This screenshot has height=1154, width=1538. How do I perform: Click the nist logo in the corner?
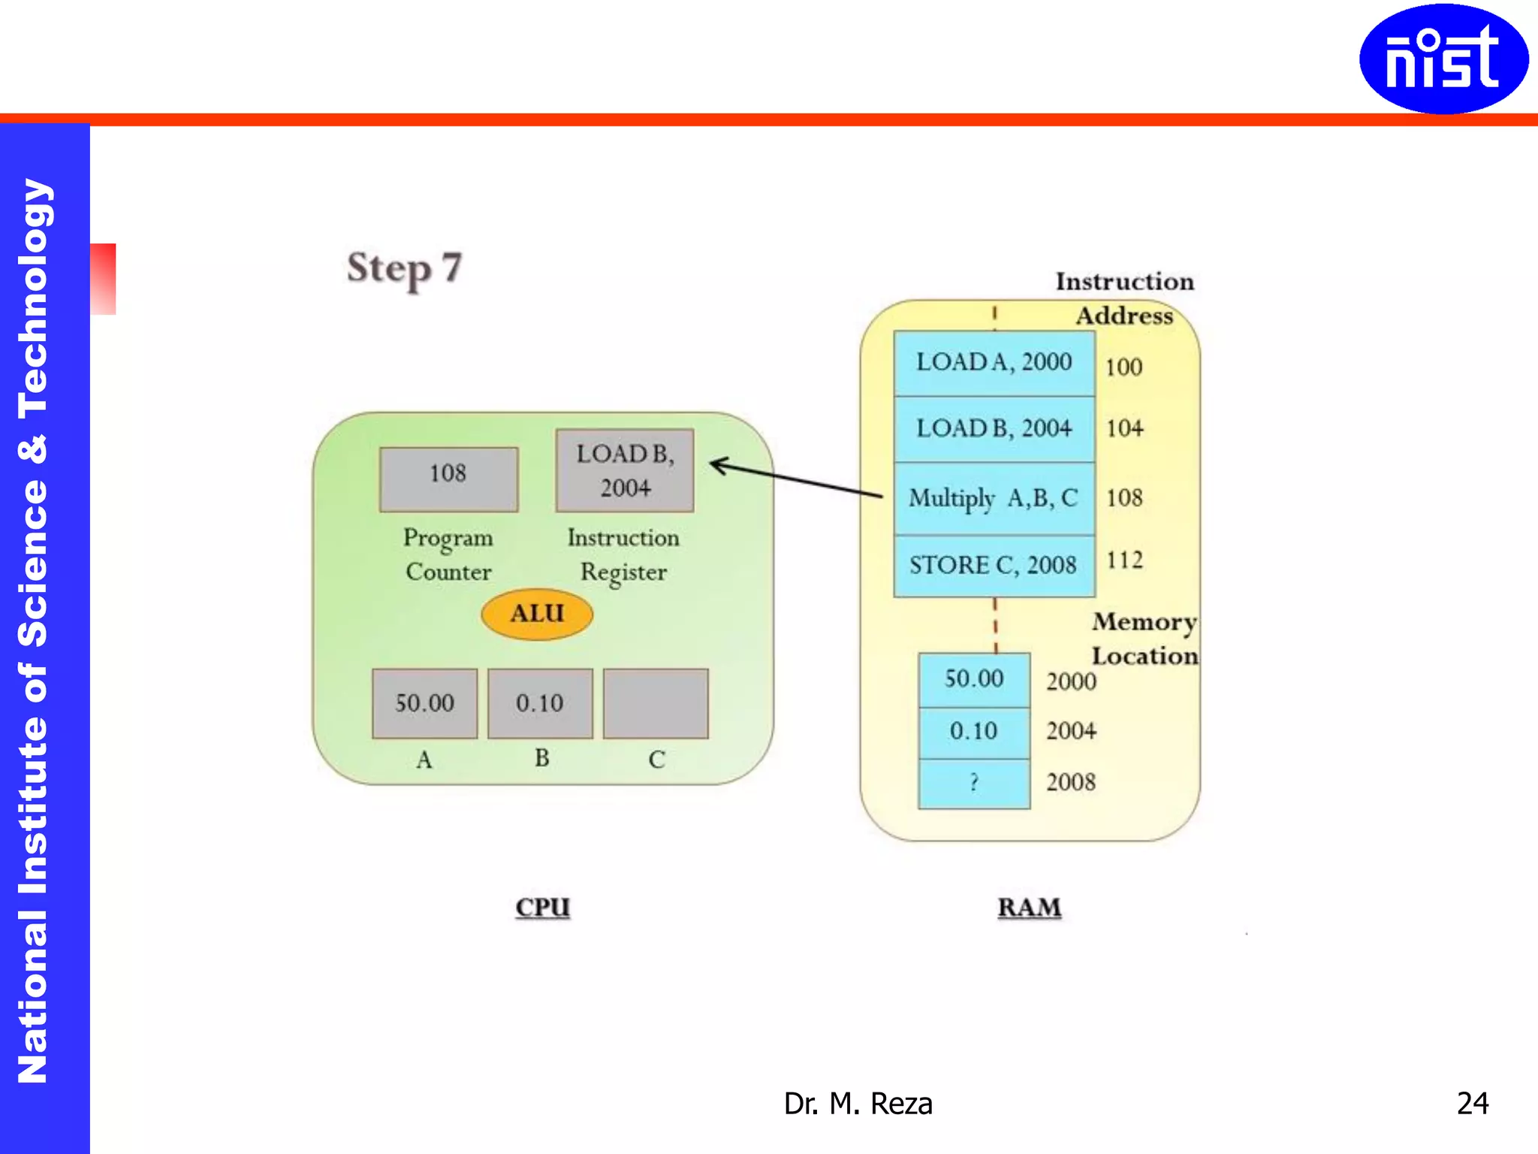coord(1443,59)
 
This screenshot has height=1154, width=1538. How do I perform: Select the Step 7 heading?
coord(404,268)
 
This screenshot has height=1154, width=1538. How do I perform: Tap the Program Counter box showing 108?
coord(448,479)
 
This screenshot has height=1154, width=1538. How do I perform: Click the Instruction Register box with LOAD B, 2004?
coord(625,470)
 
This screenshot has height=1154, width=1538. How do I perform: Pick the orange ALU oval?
coord(537,614)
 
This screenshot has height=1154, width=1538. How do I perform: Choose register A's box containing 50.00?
coord(424,703)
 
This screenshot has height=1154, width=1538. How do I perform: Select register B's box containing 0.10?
coord(540,703)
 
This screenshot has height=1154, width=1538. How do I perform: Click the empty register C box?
coord(656,703)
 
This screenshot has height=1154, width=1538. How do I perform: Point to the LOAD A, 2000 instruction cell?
coord(994,363)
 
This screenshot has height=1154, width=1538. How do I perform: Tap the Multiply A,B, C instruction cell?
coord(994,498)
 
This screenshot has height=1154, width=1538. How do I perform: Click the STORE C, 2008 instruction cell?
coord(994,565)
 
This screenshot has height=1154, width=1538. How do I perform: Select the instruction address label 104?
coord(1124,428)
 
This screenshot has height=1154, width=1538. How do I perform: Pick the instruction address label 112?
coord(1124,560)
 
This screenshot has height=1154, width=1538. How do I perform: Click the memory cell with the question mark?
coord(974,784)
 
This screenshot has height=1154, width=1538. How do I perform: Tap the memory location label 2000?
coord(1071,681)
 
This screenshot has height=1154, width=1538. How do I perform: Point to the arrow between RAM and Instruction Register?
coord(796,479)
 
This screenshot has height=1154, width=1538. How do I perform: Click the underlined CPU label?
coord(542,908)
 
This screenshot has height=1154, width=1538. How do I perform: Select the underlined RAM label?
coord(1030,908)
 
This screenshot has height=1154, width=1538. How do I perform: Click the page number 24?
coord(1472,1104)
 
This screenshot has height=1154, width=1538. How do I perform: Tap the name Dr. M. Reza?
coord(858,1104)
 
